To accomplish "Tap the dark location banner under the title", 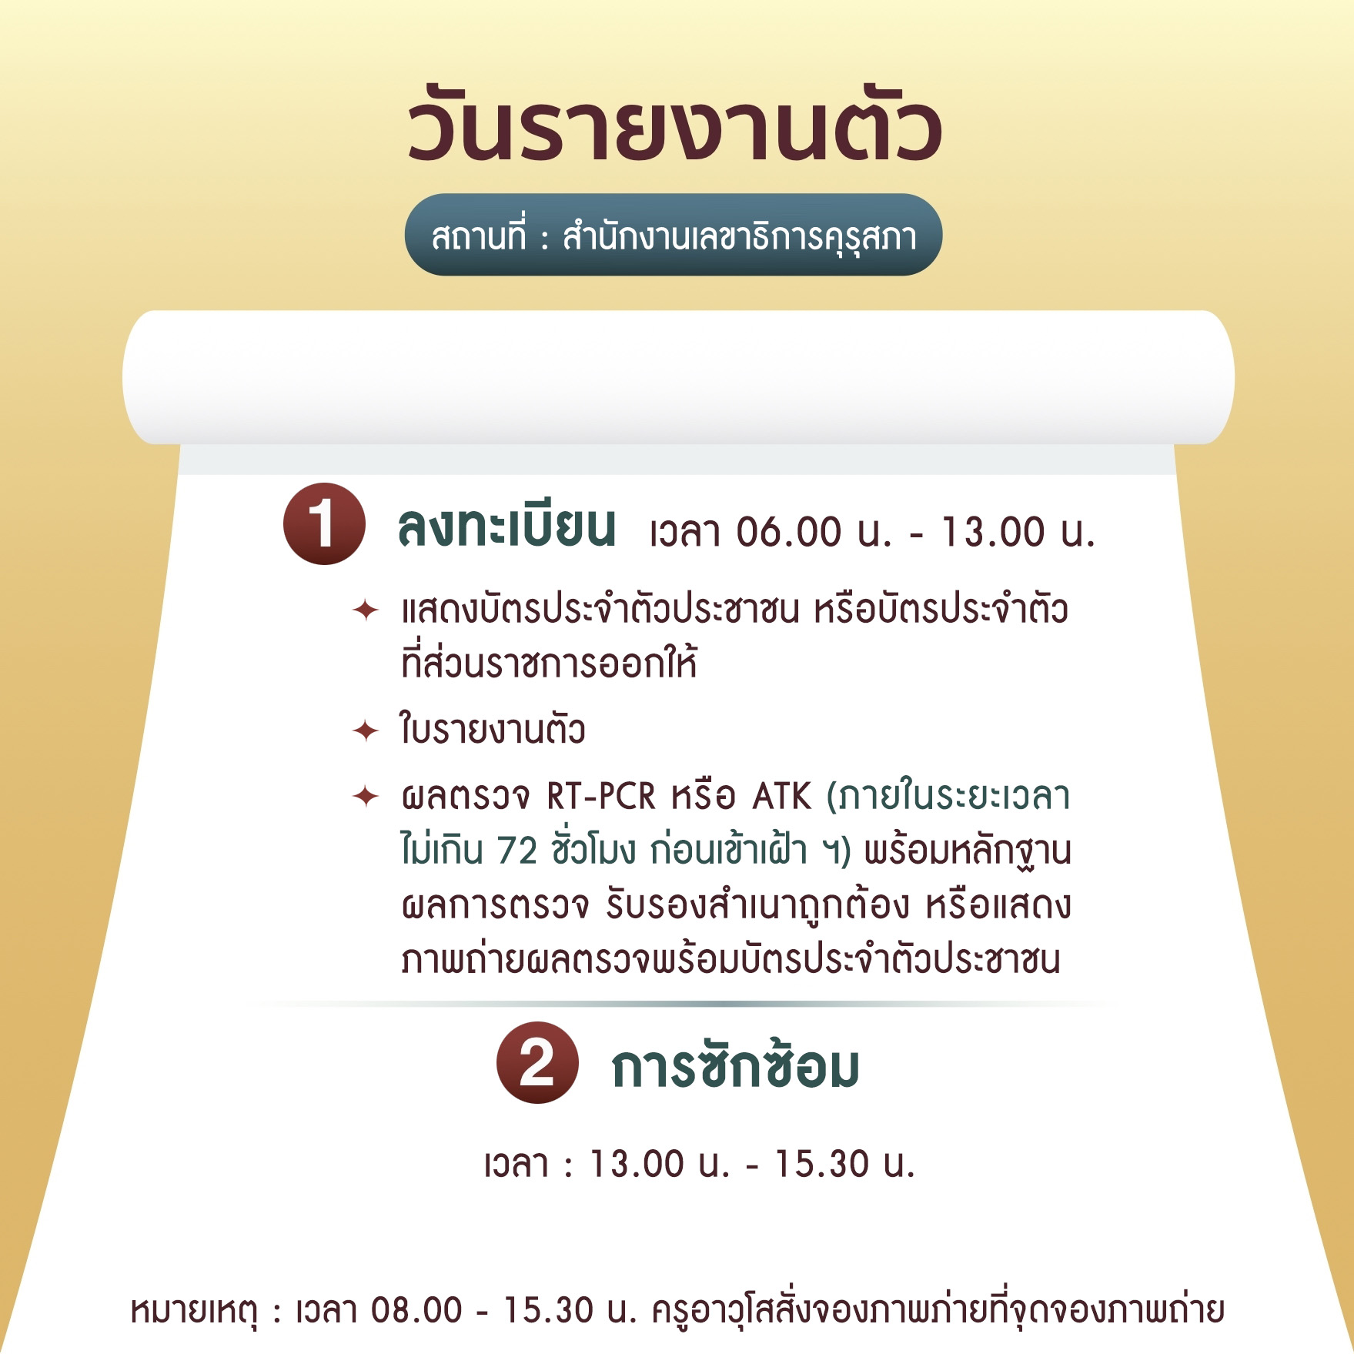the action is [674, 235].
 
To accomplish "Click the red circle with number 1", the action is [324, 524].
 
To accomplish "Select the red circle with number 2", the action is [537, 1063].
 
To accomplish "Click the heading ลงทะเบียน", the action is [506, 527].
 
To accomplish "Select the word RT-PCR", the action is [601, 797].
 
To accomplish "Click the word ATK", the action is [781, 797].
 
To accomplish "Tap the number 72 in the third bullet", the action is [517, 851].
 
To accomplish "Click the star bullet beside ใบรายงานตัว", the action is [366, 730].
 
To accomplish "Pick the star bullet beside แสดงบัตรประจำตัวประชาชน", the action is [366, 610].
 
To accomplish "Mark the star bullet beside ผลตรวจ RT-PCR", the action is [366, 796].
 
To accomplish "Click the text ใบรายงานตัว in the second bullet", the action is [493, 728].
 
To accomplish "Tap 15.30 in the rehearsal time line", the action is [821, 1164].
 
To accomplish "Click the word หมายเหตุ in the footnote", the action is [194, 1311].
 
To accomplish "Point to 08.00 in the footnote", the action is [416, 1311].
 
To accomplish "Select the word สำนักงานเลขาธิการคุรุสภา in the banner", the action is [740, 236].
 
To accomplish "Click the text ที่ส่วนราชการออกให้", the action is [549, 664].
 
